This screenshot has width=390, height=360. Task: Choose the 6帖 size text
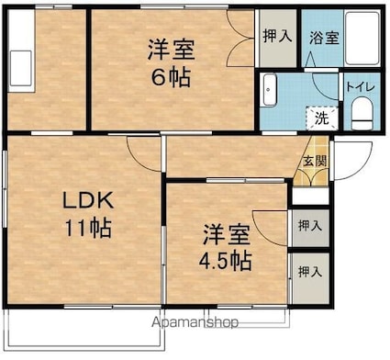(x=172, y=77)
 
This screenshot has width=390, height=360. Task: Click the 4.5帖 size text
(x=227, y=261)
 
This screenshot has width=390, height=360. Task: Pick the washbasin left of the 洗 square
(x=269, y=92)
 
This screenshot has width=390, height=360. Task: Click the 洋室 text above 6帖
(x=172, y=50)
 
